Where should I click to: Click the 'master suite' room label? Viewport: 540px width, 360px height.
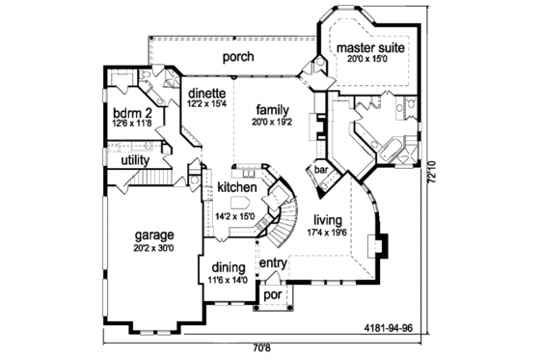pos(370,46)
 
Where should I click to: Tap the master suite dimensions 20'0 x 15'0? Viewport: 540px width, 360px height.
pos(370,59)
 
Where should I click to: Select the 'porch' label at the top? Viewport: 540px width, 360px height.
pos(238,56)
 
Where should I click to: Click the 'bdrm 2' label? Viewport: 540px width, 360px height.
pos(133,112)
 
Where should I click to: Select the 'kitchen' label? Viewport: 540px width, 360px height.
pos(235,185)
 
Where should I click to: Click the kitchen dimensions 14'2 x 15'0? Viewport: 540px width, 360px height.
pos(235,216)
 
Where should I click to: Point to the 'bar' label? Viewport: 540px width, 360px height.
pos(321,170)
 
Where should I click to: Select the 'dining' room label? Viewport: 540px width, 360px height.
pos(227,268)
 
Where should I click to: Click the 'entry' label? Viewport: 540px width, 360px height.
pos(273,263)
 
